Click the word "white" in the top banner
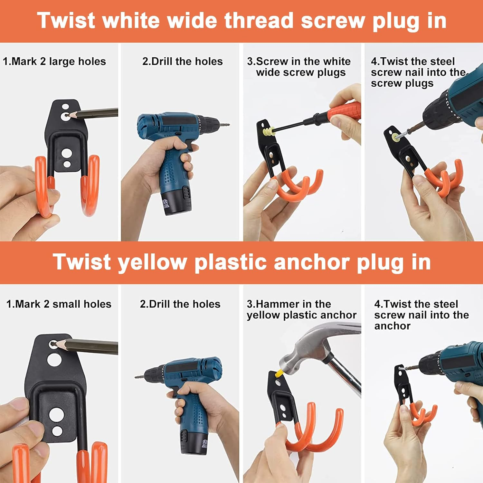coord(131,21)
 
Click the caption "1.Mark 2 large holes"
coord(54,61)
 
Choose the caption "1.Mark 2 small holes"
coord(59,304)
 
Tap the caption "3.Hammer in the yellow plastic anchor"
coord(301,309)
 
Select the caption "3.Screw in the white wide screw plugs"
coord(299,67)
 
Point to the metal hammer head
coord(309,348)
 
